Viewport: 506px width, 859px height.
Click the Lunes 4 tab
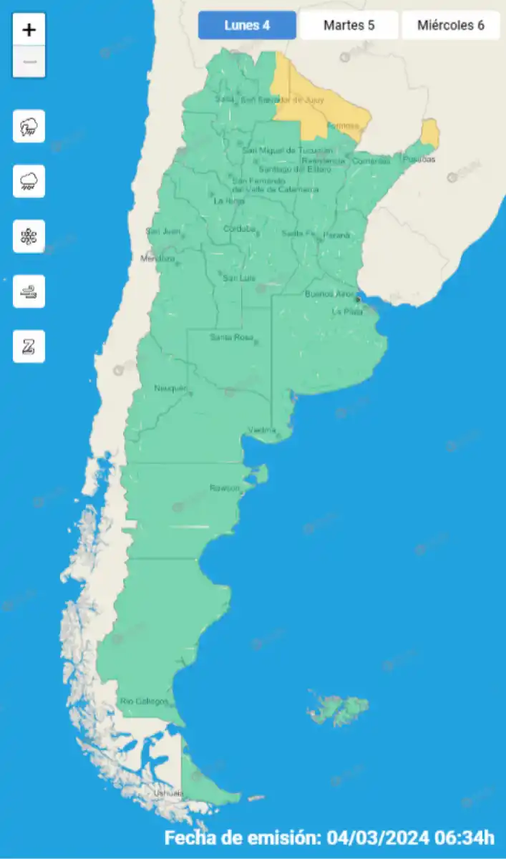coord(247,26)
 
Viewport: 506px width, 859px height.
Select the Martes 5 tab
coord(349,26)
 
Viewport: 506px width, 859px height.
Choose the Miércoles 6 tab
coord(450,26)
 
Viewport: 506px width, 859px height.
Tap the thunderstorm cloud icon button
coord(29,127)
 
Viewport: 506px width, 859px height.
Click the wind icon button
coord(29,291)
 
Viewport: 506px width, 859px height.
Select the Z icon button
coord(29,346)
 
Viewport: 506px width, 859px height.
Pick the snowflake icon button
coord(29,236)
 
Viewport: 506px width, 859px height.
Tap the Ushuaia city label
coord(168,793)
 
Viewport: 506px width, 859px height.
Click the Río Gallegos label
coord(144,701)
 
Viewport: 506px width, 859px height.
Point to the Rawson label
coord(224,487)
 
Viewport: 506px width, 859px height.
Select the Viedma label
coord(262,429)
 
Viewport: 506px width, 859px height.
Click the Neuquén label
coord(170,388)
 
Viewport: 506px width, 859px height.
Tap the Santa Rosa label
coord(231,337)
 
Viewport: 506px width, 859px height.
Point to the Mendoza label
coord(157,258)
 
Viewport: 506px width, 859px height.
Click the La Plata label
coord(347,311)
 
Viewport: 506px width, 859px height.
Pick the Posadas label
coord(419,159)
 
